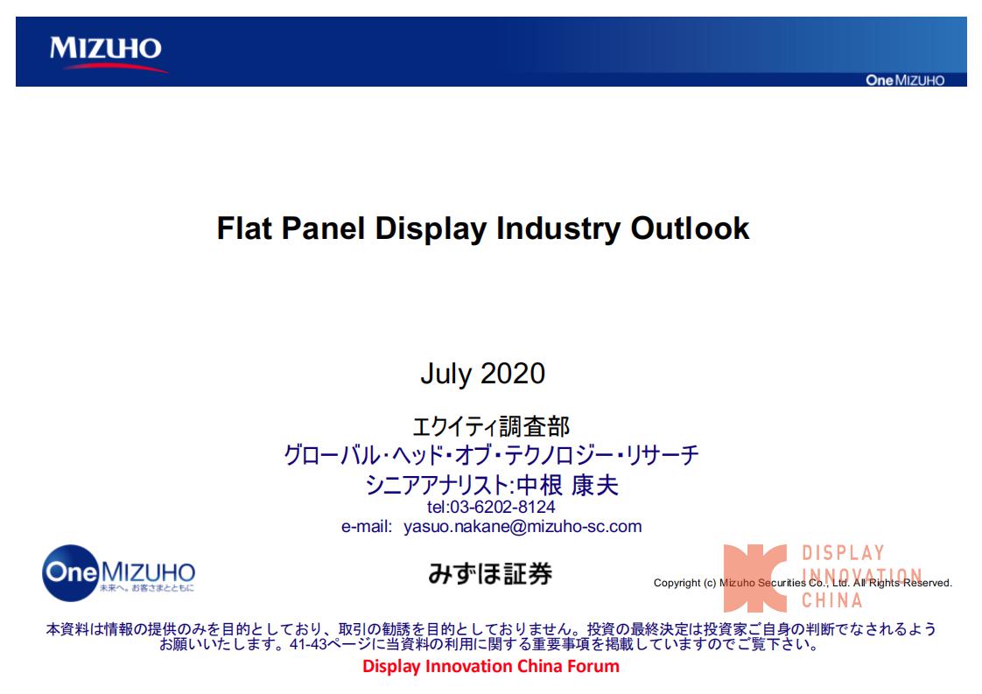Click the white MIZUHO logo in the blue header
point(105,48)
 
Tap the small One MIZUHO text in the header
point(905,81)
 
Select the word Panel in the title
point(323,228)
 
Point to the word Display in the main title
point(431,229)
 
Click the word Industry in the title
point(558,229)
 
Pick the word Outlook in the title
point(690,228)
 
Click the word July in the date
point(445,375)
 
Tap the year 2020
point(513,374)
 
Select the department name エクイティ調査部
point(491,426)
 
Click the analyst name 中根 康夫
point(567,486)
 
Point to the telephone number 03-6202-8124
point(502,507)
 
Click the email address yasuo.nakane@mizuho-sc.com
point(523,526)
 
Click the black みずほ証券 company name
point(490,574)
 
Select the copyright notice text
point(803,583)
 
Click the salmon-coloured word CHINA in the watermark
point(831,600)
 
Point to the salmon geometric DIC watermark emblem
point(754,578)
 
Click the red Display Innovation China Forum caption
point(491,667)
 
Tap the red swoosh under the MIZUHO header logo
point(116,67)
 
